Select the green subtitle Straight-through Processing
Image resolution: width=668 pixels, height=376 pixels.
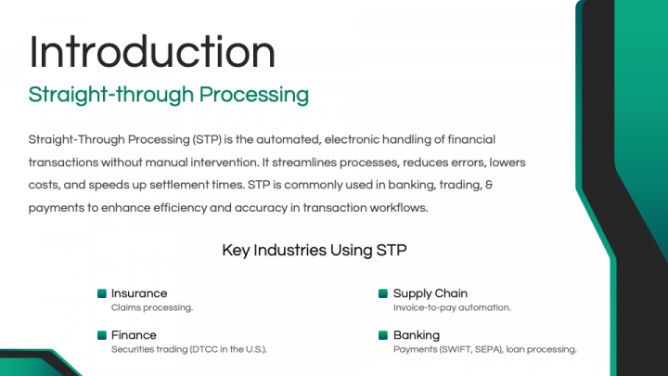[x=168, y=95]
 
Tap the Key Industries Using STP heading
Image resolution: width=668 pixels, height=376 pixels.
[x=314, y=250]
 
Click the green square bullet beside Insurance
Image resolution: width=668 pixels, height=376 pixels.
[x=102, y=293]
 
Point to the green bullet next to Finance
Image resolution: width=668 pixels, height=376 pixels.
[x=102, y=335]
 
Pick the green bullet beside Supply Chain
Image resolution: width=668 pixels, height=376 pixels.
[x=383, y=293]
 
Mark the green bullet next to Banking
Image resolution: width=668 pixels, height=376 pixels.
[x=383, y=335]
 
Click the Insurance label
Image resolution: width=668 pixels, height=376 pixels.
[x=139, y=293]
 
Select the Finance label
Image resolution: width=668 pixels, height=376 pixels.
[x=134, y=335]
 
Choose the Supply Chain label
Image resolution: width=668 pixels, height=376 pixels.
[x=430, y=293]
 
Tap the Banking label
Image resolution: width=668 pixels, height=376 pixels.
[x=417, y=335]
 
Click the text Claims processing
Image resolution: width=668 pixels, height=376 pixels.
[x=151, y=307]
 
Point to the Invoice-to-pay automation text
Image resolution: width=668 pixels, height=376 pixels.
[x=452, y=307]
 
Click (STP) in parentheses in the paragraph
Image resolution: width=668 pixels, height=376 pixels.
[x=209, y=138]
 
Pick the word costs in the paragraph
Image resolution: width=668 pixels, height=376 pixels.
[x=45, y=185]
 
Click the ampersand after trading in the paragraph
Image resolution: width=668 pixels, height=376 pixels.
[x=489, y=185]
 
